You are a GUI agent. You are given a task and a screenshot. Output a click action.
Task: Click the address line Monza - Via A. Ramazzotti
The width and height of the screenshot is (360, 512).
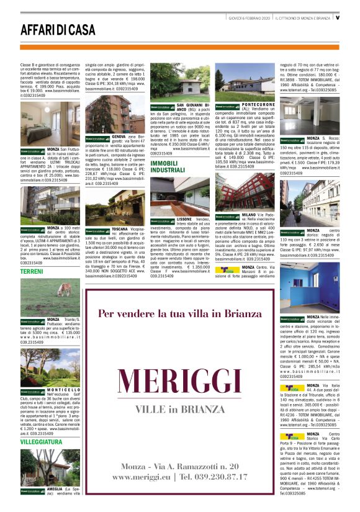180,465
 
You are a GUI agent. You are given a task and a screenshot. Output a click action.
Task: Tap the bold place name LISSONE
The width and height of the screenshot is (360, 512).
184,220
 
